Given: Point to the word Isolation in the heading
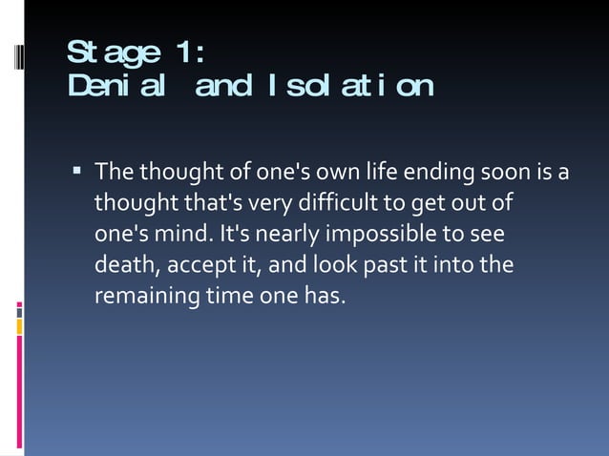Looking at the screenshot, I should [x=349, y=87].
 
